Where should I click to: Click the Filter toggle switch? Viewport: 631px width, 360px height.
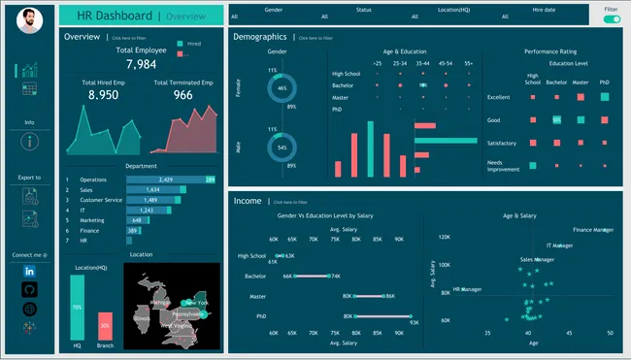tap(611, 18)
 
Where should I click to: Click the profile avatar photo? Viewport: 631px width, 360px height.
tap(29, 18)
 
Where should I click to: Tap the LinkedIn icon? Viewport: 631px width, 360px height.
tap(28, 271)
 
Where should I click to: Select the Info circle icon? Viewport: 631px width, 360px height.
tap(28, 142)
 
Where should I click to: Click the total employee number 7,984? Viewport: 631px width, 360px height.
tap(141, 64)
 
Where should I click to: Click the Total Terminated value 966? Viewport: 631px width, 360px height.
tap(183, 96)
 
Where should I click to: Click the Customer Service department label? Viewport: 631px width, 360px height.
tap(100, 200)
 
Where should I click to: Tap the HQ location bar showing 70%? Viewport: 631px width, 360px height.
tap(77, 307)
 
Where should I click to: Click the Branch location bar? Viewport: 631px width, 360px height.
tap(105, 325)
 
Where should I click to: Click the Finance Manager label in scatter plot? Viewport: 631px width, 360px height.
tap(593, 230)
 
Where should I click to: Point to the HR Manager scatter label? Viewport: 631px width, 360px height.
tap(467, 289)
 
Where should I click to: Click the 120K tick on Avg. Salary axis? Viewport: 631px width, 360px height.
tap(445, 236)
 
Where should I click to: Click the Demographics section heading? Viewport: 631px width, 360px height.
tap(260, 36)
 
